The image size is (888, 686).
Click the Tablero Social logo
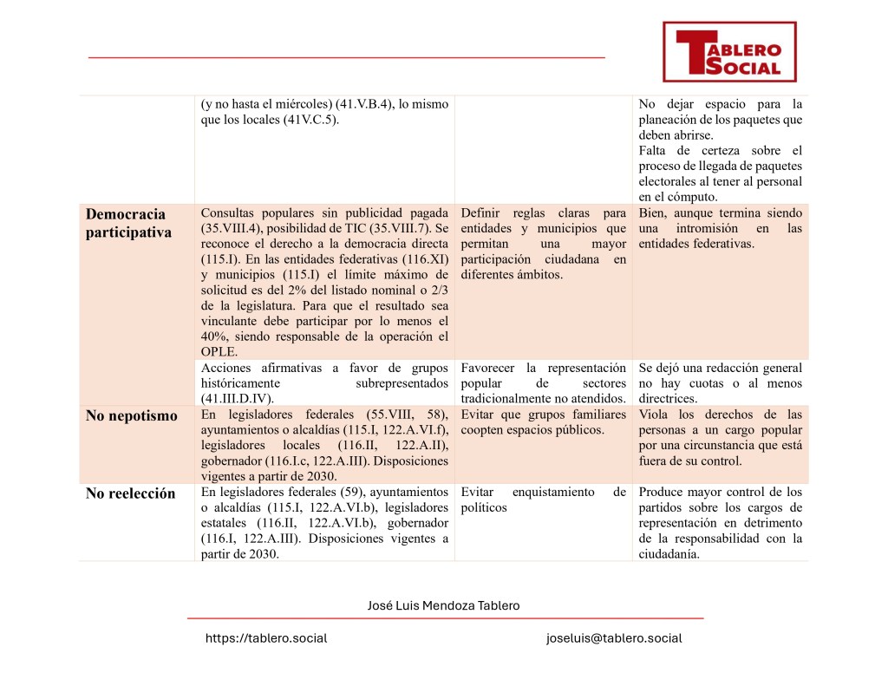tap(728, 52)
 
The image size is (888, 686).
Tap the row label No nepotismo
tap(131, 415)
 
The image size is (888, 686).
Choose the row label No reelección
tap(130, 493)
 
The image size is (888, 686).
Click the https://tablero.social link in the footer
tap(265, 638)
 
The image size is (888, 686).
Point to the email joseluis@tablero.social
tap(614, 638)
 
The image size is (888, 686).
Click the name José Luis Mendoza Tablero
tap(444, 605)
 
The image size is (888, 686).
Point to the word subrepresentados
tap(402, 382)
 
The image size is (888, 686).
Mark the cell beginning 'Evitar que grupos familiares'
tap(543, 422)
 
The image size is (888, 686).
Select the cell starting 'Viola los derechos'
tap(720, 438)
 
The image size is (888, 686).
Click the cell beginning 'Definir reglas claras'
tap(543, 244)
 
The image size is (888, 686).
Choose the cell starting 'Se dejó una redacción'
tap(720, 382)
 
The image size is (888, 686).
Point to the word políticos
tap(484, 507)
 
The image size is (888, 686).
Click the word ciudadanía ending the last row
tap(669, 554)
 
